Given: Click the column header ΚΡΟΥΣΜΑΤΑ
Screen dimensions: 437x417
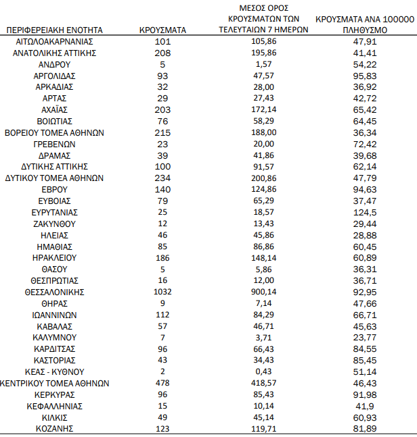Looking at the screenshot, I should pyautogui.click(x=162, y=30).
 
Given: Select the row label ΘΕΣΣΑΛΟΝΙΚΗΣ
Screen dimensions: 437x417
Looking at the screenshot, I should pyautogui.click(x=54, y=292).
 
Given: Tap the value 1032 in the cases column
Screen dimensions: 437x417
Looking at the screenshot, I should pyautogui.click(x=162, y=292).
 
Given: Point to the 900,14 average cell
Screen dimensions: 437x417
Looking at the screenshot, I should pyautogui.click(x=264, y=292).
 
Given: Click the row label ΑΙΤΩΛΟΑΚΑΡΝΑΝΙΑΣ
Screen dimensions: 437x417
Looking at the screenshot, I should pyautogui.click(x=54, y=41).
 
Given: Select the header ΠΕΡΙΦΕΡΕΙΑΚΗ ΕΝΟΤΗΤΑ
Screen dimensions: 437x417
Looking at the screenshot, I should pyautogui.click(x=54, y=30).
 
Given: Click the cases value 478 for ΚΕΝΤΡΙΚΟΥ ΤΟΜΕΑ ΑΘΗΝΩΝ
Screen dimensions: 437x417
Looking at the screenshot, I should pyautogui.click(x=162, y=383).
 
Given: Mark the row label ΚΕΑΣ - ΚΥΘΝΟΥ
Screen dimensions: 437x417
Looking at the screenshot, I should pyautogui.click(x=54, y=371).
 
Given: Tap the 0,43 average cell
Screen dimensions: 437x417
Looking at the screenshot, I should pyautogui.click(x=264, y=371).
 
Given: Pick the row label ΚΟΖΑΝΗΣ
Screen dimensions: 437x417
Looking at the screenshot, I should pyautogui.click(x=54, y=428).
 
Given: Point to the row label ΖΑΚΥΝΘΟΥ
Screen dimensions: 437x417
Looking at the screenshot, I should pyautogui.click(x=54, y=224).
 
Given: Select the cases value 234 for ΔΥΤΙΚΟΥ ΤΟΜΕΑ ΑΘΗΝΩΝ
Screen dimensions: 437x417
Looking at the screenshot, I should pyautogui.click(x=162, y=178).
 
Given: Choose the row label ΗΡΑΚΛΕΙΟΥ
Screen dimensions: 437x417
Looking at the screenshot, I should pyautogui.click(x=54, y=258).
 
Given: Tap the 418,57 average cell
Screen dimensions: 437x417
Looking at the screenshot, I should pyautogui.click(x=264, y=383).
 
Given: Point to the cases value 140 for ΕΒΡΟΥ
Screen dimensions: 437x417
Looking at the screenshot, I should pyautogui.click(x=162, y=189).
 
